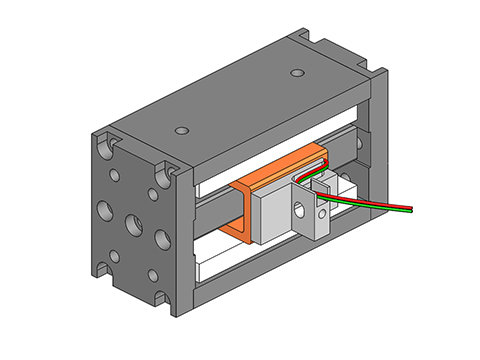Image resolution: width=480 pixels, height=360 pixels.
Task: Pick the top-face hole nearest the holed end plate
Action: [180, 131]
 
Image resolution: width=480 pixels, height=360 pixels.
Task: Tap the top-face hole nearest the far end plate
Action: [297, 73]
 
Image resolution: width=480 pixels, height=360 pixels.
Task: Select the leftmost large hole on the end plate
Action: [104, 211]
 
